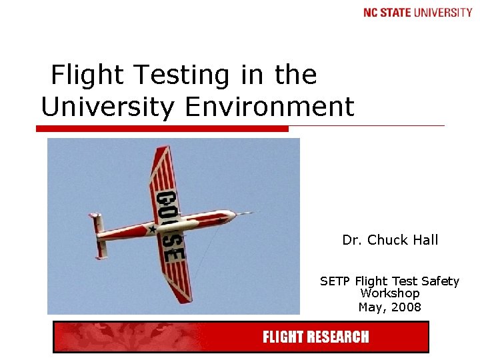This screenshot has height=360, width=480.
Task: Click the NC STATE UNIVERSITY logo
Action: (x=418, y=13)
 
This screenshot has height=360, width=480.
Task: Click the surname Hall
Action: (x=427, y=240)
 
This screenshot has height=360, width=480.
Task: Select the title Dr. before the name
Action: (x=351, y=240)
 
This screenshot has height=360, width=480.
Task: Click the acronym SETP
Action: (x=335, y=281)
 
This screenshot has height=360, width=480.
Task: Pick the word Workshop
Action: (x=390, y=293)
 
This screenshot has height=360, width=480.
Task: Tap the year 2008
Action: (x=407, y=307)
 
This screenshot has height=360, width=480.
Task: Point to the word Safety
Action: (x=439, y=281)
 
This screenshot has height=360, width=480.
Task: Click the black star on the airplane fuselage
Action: (x=152, y=229)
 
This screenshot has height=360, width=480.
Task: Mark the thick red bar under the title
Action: (x=163, y=128)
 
